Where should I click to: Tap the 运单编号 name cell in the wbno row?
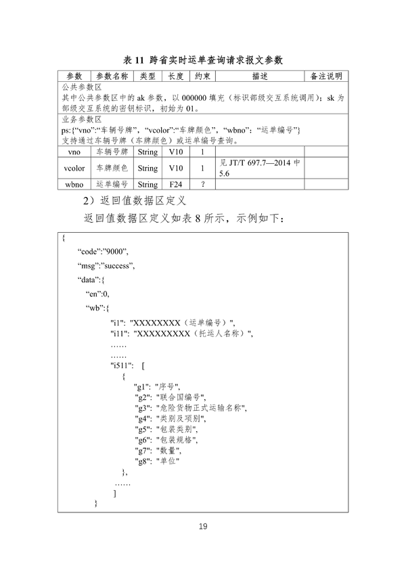pyautogui.click(x=112, y=183)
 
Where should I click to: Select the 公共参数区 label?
pyautogui.click(x=82, y=87)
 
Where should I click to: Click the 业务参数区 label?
pyautogui.click(x=82, y=118)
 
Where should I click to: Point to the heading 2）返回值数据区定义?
pyautogui.click(x=133, y=201)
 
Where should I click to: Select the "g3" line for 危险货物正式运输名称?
pyautogui.click(x=191, y=409)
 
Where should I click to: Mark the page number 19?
pyautogui.click(x=203, y=527)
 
